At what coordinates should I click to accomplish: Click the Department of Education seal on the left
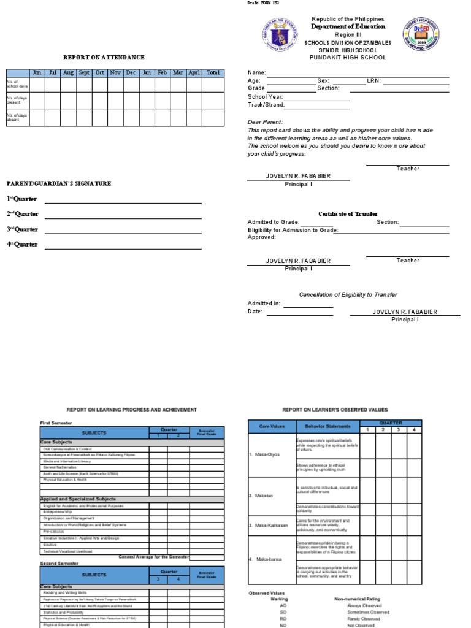273,38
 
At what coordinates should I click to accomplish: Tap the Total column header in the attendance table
213,72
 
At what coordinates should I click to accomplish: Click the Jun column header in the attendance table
37,72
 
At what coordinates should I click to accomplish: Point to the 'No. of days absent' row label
17,117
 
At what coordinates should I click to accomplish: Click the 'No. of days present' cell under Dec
130,101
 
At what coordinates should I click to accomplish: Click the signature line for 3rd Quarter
123,233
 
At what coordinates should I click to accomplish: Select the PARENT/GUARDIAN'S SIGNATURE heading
59,183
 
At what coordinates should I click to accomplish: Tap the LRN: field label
373,80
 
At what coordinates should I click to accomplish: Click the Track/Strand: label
266,105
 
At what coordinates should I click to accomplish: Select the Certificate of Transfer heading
348,214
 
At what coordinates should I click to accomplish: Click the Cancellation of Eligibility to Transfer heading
348,295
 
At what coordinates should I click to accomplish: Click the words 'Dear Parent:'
265,122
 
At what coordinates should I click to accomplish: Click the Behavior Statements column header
327,426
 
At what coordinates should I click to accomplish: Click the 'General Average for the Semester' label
153,556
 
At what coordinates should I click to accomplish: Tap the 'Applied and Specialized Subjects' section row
78,499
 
